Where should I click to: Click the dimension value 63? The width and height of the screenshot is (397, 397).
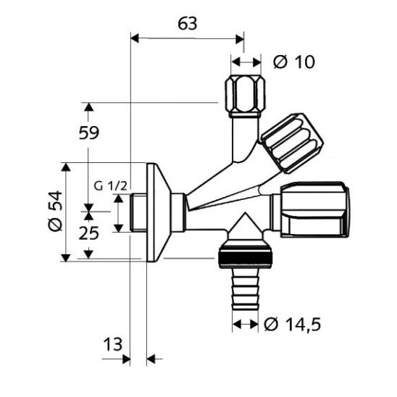pyautogui.click(x=188, y=24)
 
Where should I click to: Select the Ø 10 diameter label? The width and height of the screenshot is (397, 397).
pyautogui.click(x=294, y=62)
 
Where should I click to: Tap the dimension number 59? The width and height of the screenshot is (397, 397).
pyautogui.click(x=89, y=133)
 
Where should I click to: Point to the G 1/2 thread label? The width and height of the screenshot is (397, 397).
pyautogui.click(x=110, y=186)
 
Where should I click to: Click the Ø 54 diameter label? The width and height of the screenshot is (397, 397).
pyautogui.click(x=55, y=211)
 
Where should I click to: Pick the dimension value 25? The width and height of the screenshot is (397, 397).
pyautogui.click(x=88, y=233)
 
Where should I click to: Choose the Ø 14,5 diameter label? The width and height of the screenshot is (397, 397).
pyautogui.click(x=292, y=325)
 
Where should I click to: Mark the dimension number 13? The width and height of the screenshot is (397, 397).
pyautogui.click(x=113, y=344)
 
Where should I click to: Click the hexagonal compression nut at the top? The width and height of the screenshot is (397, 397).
pyautogui.click(x=245, y=96)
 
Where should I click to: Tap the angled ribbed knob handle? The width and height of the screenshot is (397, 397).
pyautogui.click(x=292, y=143)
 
